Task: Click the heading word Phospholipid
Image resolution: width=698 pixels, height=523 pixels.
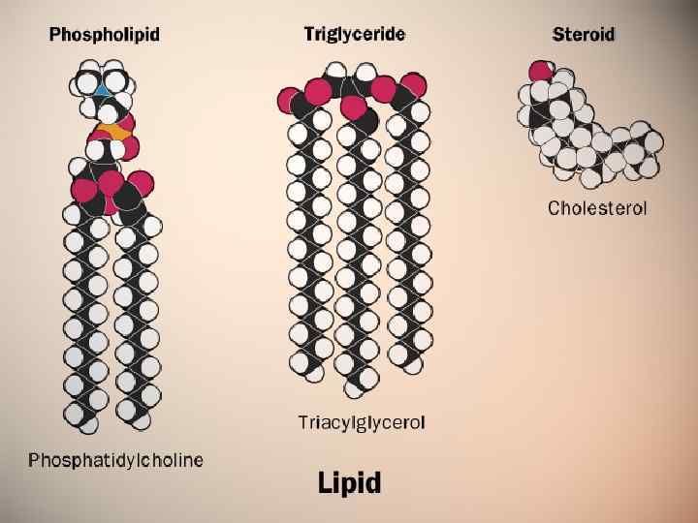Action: point(105,36)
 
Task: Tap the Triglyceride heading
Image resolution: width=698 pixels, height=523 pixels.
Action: point(355,34)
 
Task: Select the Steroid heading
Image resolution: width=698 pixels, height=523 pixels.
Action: point(584,35)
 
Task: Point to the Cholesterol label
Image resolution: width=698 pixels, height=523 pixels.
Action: point(597,207)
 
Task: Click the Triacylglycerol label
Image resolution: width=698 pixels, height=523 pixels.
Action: point(362,422)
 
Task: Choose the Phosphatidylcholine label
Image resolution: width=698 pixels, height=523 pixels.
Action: point(116,459)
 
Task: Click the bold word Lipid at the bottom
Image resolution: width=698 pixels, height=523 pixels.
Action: point(349,482)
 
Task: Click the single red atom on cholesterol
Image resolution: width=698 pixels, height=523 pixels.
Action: point(540,71)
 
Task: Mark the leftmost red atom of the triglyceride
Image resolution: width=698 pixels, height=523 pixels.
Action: point(290,101)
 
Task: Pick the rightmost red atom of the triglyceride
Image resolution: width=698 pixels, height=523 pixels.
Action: point(414,85)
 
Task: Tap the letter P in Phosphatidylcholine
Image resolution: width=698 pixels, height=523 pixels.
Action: point(34,459)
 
